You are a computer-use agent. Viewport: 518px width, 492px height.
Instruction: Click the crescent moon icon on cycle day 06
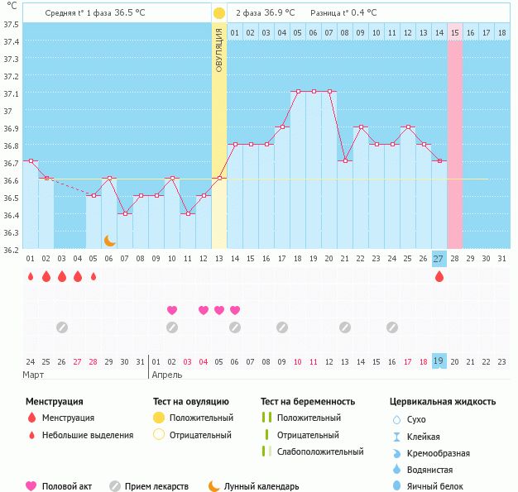[109, 241]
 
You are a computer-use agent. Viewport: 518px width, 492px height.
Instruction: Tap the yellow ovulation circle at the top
[218, 13]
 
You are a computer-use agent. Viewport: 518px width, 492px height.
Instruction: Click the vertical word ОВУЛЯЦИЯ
[218, 50]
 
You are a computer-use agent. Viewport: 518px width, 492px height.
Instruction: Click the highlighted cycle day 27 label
[439, 259]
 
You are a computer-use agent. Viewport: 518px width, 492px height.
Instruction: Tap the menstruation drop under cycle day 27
[439, 277]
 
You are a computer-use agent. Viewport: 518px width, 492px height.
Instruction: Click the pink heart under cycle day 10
[172, 310]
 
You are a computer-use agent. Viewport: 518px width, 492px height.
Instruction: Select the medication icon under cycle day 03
[61, 327]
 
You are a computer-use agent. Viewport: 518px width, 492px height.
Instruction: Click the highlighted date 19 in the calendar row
[439, 361]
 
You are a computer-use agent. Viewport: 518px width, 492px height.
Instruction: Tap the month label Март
[34, 375]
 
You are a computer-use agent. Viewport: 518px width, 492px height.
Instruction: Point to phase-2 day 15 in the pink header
[454, 32]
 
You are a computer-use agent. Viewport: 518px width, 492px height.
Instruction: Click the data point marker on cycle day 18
[297, 92]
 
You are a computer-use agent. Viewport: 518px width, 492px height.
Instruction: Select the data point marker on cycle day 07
[125, 213]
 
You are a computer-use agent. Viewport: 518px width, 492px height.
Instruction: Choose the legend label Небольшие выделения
[88, 435]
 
